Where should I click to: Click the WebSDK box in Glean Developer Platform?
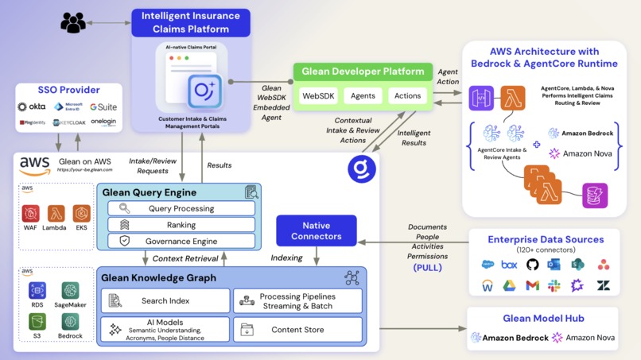[x=318, y=96]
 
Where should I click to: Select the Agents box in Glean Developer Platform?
[x=363, y=96]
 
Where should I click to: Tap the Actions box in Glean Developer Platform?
[x=407, y=96]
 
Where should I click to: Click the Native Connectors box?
[x=317, y=230]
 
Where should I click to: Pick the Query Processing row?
[x=181, y=208]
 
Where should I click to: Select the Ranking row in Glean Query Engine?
[x=181, y=225]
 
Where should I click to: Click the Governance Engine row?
[x=181, y=241]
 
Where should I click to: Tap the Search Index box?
[x=165, y=300]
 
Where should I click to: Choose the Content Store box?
[x=297, y=329]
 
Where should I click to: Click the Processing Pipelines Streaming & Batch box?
[x=297, y=300]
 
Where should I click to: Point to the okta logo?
[x=32, y=106]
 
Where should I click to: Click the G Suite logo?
[x=103, y=106]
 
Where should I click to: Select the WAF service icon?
[x=30, y=214]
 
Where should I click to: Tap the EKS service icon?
[x=81, y=214]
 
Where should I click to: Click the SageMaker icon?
[x=71, y=292]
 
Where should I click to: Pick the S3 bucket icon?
[x=37, y=321]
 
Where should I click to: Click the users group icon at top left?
[x=73, y=23]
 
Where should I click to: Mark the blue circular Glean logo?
[x=362, y=168]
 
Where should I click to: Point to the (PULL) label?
[x=427, y=268]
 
